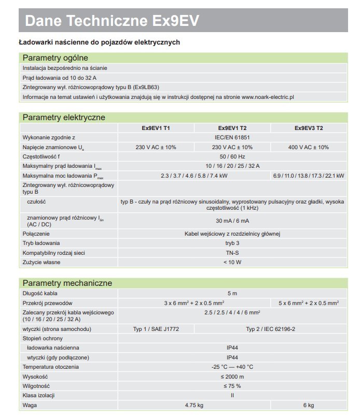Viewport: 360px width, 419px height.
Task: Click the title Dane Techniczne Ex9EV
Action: [x=112, y=21]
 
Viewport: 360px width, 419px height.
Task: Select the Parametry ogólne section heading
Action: [x=56, y=57]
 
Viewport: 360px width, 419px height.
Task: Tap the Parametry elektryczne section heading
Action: [x=64, y=117]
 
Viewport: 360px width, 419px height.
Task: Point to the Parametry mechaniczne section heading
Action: [x=67, y=283]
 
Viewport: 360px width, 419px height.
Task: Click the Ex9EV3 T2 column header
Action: [x=309, y=128]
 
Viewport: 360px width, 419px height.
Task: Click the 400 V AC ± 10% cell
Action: [x=309, y=147]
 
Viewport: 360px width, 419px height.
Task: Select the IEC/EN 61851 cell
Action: [x=232, y=137]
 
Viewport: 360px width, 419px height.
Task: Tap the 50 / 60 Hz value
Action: [x=232, y=156]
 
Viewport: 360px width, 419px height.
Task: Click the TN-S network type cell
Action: [x=232, y=253]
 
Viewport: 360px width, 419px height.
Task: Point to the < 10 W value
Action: [x=232, y=262]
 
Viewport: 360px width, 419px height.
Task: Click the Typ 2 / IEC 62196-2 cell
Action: [x=270, y=329]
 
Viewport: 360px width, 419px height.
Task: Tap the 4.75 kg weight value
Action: [x=193, y=404]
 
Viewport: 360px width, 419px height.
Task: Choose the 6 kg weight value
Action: [x=309, y=404]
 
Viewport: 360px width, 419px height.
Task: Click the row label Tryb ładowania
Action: [x=41, y=243]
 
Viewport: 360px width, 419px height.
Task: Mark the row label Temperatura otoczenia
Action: [x=51, y=367]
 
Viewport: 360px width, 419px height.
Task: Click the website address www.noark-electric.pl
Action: [x=268, y=97]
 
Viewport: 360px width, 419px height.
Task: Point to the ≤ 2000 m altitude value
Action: [x=232, y=377]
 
